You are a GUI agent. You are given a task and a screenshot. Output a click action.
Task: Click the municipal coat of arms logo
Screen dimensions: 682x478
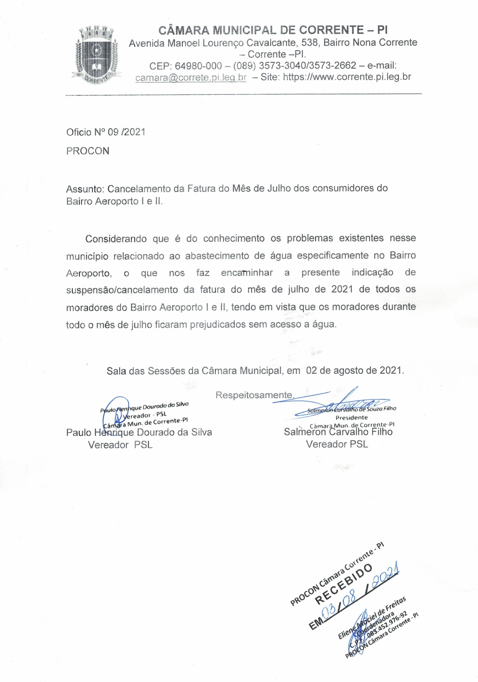click(x=96, y=54)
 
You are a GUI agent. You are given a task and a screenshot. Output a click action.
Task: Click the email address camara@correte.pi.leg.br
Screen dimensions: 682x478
click(x=191, y=77)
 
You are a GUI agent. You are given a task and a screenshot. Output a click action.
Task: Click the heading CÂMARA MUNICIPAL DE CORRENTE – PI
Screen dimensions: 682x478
click(x=273, y=30)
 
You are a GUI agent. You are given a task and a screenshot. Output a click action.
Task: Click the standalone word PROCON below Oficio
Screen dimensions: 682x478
click(x=88, y=151)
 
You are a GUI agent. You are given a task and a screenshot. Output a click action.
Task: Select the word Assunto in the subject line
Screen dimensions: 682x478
click(x=84, y=189)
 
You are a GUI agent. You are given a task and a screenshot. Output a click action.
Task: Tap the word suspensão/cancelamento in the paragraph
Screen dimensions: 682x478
click(x=121, y=290)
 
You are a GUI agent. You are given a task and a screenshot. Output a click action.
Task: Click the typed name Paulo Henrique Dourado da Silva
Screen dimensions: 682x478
click(x=139, y=432)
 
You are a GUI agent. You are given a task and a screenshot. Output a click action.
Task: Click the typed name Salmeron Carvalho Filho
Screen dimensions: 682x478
click(x=338, y=432)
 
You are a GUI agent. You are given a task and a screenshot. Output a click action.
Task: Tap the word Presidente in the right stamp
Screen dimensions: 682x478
click(x=351, y=418)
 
